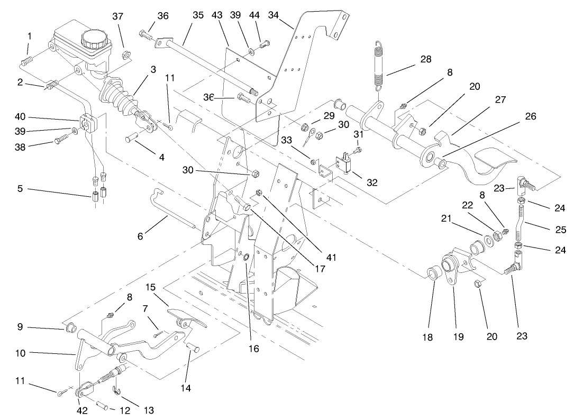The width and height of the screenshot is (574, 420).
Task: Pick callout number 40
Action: point(20,118)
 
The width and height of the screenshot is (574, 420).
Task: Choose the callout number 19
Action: point(458,335)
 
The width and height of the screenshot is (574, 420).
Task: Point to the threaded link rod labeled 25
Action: point(522,222)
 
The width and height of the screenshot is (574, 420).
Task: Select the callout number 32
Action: point(372,182)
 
